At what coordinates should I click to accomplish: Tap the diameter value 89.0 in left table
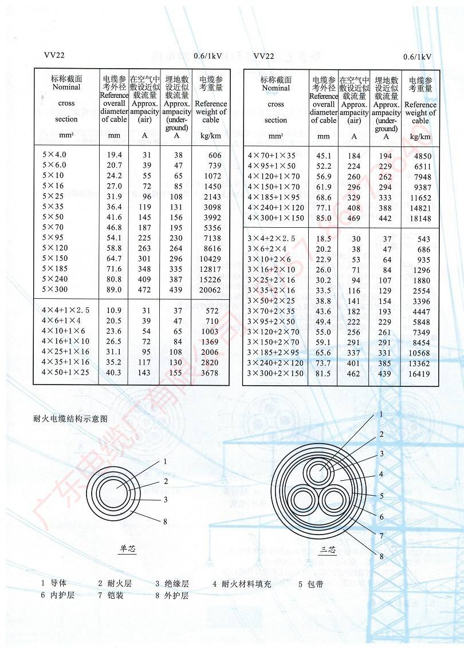[x=114, y=290]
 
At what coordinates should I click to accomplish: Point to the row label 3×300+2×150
[x=276, y=374]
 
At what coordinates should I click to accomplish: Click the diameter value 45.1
[x=324, y=156]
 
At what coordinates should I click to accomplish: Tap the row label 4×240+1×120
[x=276, y=208]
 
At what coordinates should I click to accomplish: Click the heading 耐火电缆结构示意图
[x=70, y=418]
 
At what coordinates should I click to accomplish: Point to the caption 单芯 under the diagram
[x=128, y=549]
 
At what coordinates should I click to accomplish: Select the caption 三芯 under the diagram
[x=328, y=551]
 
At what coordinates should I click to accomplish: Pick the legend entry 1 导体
[x=54, y=584]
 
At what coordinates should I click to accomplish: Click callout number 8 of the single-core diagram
[x=165, y=521]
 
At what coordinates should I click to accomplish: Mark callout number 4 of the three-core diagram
[x=381, y=474]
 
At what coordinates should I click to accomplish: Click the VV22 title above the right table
[x=264, y=56]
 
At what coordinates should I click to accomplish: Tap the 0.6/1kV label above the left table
[x=208, y=56]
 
